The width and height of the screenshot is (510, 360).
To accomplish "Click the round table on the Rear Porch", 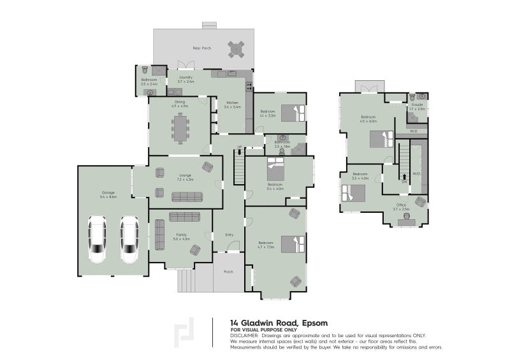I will (x=237, y=48).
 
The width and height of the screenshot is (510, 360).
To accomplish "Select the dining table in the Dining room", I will (x=181, y=127).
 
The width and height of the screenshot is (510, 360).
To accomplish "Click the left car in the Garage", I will (x=98, y=240).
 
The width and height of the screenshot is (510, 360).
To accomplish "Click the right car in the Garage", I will (x=130, y=240).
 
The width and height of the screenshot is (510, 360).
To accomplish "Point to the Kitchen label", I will (x=232, y=103).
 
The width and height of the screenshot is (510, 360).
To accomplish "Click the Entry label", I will (x=229, y=235).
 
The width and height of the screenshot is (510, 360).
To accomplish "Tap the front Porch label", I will (x=228, y=272).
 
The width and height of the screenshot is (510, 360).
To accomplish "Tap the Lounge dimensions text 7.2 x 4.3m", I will (x=185, y=179).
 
